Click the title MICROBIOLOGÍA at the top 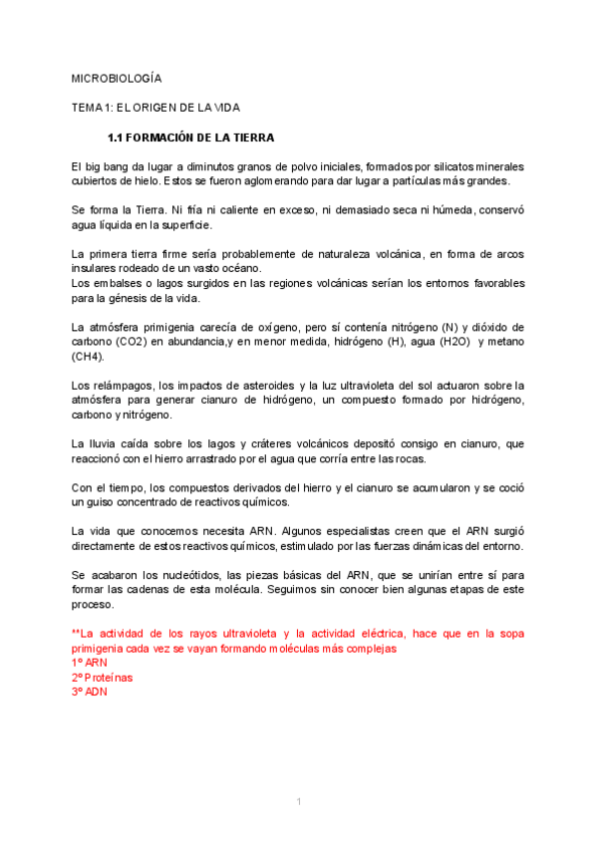click(117, 78)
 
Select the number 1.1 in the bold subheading click(115, 137)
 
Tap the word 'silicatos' click(445, 166)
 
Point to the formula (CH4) click(88, 356)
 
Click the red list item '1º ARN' click(90, 663)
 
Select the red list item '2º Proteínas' click(103, 678)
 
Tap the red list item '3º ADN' click(90, 692)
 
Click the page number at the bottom click(299, 801)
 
